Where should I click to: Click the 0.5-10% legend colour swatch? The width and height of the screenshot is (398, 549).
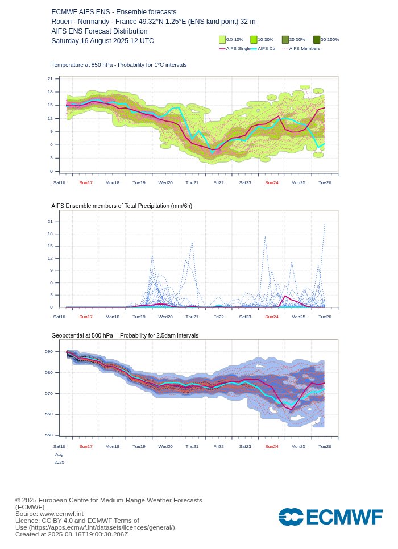pos(222,40)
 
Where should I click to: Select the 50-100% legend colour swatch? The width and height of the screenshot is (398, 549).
pos(317,40)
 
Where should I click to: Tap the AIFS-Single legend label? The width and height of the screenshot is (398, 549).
pos(238,49)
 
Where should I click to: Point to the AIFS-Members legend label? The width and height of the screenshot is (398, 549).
pos(304,49)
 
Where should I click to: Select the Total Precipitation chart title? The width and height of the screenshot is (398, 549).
pos(122,206)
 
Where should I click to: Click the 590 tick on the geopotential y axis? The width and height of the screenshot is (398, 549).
pos(49,352)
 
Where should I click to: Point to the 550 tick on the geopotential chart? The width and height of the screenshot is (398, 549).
pos(49,435)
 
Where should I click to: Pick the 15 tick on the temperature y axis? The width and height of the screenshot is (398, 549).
pos(50,105)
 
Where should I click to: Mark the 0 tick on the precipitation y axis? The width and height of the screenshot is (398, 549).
pos(51,307)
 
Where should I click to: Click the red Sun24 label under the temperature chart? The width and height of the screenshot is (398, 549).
pos(272,182)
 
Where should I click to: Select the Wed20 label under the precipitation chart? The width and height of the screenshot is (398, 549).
pos(165,317)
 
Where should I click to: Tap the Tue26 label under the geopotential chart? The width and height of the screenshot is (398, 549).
pos(325,447)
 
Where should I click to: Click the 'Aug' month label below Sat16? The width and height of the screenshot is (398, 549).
pos(59,455)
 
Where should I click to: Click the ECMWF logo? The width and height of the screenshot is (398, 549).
pos(330,517)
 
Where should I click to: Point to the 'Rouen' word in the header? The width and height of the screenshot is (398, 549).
pos(61,22)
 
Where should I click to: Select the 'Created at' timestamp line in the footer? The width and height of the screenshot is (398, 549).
pos(72,534)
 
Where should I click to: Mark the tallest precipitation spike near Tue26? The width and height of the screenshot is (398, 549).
pos(325,224)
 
